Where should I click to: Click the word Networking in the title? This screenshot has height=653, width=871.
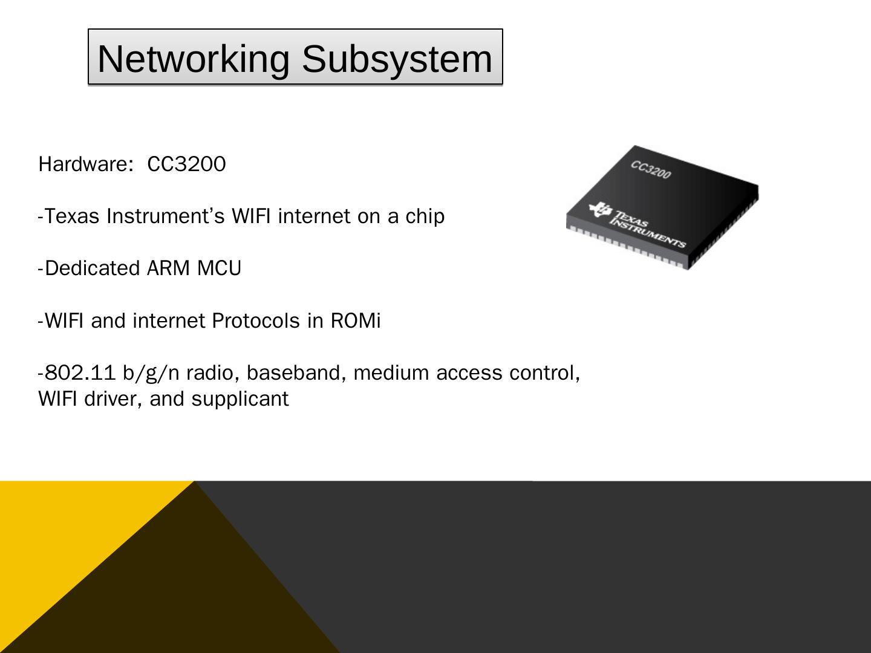(193, 59)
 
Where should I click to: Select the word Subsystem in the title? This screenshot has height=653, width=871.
(397, 59)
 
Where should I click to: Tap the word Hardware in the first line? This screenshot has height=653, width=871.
(82, 164)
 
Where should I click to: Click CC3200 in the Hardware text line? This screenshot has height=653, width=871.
(186, 164)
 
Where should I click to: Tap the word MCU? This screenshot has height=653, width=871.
(219, 268)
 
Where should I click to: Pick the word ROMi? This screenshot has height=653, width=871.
(356, 320)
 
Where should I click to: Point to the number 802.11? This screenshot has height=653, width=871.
(80, 373)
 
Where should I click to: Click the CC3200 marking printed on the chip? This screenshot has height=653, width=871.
(651, 170)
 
